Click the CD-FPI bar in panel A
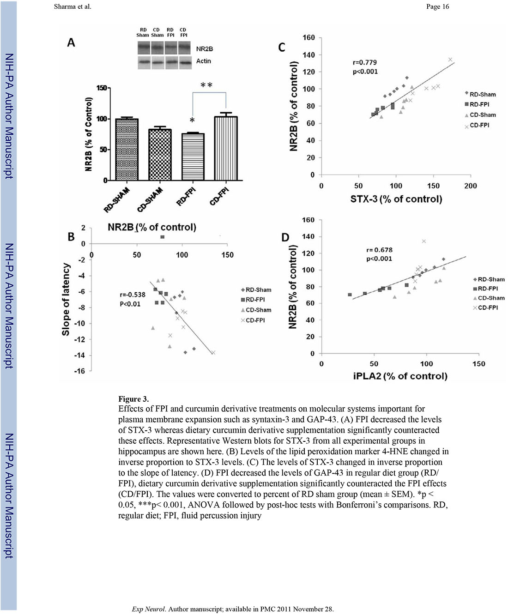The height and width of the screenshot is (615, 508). pyautogui.click(x=226, y=149)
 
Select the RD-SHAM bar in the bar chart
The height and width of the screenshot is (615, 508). pyautogui.click(x=127, y=150)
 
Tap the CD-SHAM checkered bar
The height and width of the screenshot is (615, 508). pyautogui.click(x=160, y=155)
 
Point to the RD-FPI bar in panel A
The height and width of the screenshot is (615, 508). pyautogui.click(x=193, y=157)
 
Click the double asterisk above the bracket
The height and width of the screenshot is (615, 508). pyautogui.click(x=206, y=85)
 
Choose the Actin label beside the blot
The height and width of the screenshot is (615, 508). pyautogui.click(x=204, y=61)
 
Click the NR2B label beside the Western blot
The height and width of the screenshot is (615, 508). pyautogui.click(x=205, y=49)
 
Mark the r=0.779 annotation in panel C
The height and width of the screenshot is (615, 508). pyautogui.click(x=365, y=62)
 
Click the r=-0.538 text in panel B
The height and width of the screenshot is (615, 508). pyautogui.click(x=133, y=295)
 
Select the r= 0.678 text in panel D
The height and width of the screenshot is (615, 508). pyautogui.click(x=379, y=250)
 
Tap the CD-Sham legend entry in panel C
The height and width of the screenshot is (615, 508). pyautogui.click(x=483, y=115)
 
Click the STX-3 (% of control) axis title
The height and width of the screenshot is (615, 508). pyautogui.click(x=396, y=199)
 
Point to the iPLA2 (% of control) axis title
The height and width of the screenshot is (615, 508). pyautogui.click(x=400, y=376)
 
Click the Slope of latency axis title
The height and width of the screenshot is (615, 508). pyautogui.click(x=66, y=299)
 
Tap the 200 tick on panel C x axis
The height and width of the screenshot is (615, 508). pyautogui.click(x=470, y=186)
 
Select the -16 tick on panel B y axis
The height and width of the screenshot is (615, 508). pyautogui.click(x=80, y=371)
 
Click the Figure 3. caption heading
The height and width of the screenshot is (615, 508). pyautogui.click(x=133, y=399)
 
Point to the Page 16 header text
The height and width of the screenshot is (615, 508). pyautogui.click(x=437, y=6)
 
